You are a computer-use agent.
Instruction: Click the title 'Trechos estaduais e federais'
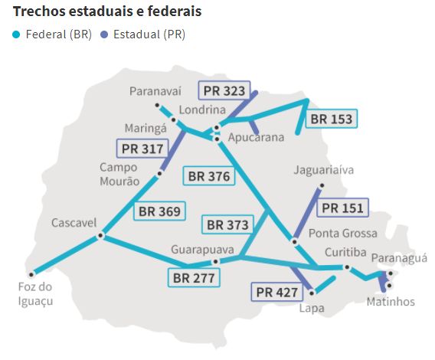coord(107,12)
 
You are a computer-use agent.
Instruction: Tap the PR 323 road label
coord(224,91)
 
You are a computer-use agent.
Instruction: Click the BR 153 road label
coord(332,119)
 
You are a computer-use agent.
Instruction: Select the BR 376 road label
coord(208,175)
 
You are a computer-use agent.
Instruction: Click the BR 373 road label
coord(227,225)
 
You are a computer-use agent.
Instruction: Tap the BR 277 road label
coord(194,277)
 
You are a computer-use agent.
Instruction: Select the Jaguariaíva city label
coord(324,170)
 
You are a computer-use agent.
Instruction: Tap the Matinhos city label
coord(391,301)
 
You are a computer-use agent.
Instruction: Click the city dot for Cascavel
coord(100,237)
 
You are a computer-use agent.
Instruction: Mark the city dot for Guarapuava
coord(215,261)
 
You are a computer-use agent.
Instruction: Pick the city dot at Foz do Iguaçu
coord(31,273)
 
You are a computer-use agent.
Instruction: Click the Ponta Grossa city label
coord(342,233)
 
